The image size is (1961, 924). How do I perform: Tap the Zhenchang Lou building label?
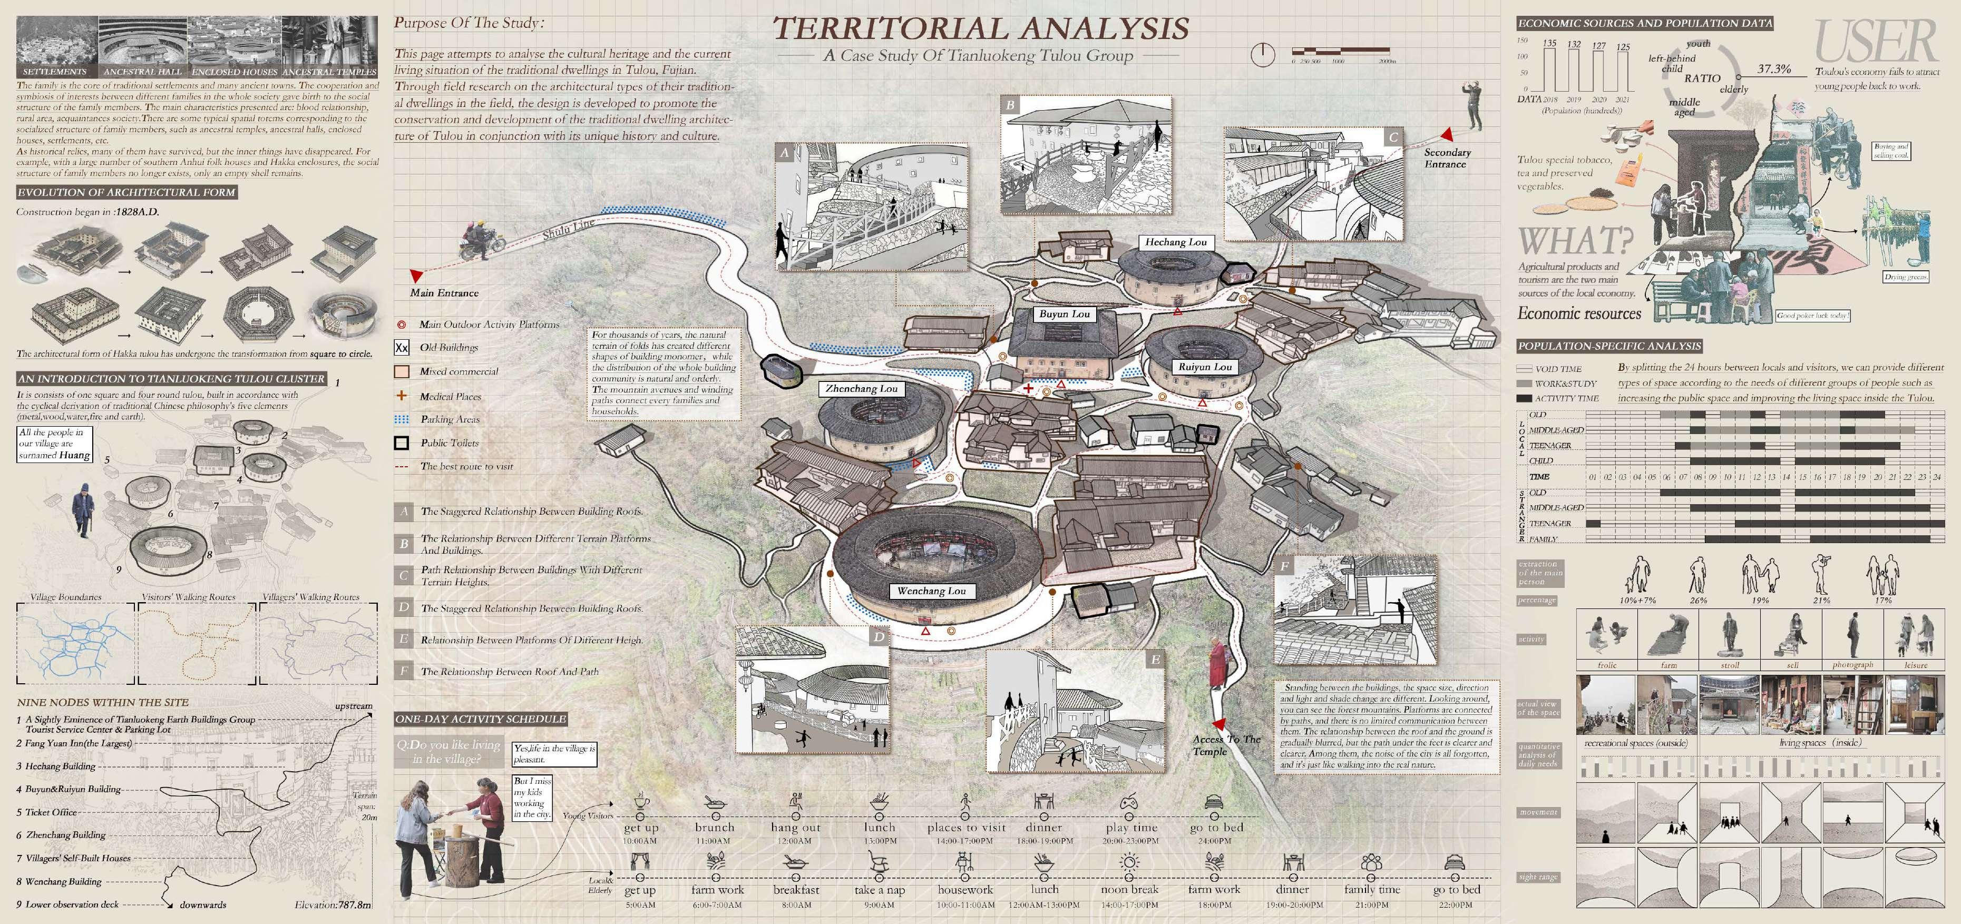coord(861,389)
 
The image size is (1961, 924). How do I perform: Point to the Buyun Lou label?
coord(1064,313)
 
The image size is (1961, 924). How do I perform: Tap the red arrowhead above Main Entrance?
coord(416,275)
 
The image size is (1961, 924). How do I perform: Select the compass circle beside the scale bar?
coord(1262,54)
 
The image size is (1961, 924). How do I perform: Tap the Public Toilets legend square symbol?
coord(401,443)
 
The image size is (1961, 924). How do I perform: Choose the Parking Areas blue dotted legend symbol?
coord(401,419)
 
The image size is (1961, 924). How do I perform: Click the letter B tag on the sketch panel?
coord(1010,105)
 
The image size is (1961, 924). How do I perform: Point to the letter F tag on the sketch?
coord(1284,567)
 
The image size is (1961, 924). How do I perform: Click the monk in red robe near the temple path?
coord(1216,664)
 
